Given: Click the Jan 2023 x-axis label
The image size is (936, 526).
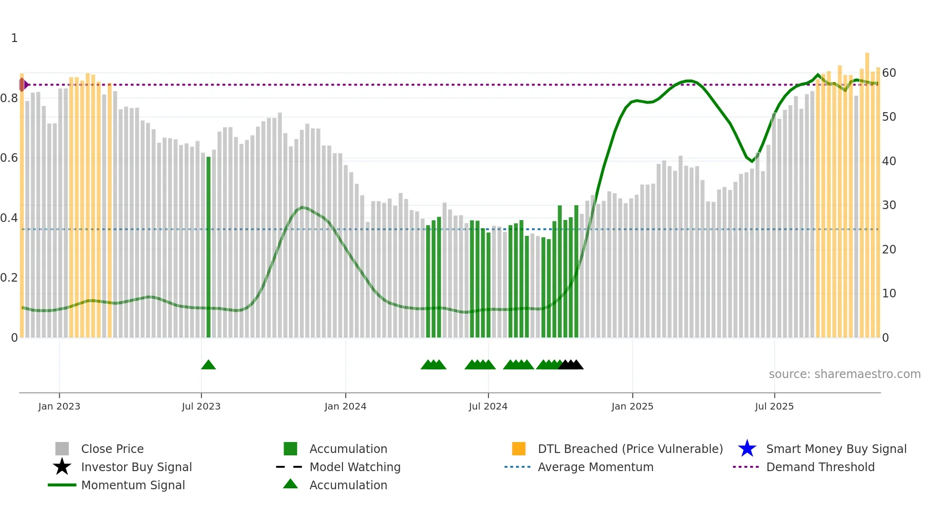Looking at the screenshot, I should click(59, 406).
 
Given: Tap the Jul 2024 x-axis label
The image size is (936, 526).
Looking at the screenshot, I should click(488, 406).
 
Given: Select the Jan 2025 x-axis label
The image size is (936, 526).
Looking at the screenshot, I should click(632, 406).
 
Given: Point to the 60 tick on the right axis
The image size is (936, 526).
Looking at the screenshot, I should click(889, 73).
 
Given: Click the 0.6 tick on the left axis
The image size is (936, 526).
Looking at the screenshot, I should click(9, 158).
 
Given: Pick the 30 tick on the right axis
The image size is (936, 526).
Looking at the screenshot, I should click(889, 205).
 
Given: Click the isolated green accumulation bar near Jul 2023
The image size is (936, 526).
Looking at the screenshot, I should click(208, 247).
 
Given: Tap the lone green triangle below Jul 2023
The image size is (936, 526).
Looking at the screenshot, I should click(208, 365).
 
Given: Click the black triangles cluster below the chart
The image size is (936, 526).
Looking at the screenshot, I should click(571, 365).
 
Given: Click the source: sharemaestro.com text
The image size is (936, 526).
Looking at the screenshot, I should click(844, 374).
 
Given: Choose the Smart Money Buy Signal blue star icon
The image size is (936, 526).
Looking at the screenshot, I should click(747, 449).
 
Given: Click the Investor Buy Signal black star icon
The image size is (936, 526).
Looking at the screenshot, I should click(62, 467).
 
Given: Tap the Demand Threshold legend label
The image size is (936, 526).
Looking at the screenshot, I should click(820, 467).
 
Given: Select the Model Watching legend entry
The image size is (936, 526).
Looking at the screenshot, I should click(355, 467).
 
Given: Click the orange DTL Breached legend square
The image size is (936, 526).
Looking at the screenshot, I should click(519, 449).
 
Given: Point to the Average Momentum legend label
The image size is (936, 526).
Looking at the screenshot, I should click(596, 467).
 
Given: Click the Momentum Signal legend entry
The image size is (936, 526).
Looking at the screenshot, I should click(133, 485).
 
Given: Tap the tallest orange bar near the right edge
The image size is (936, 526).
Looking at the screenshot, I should click(867, 196).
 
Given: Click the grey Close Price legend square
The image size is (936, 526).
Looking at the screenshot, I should click(62, 449).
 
